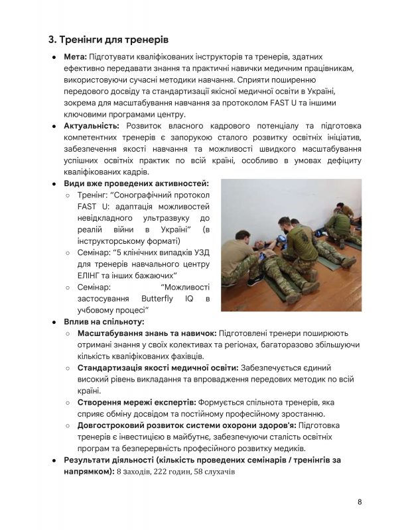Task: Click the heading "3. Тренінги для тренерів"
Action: tap(103, 40)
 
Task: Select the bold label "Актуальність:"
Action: tap(92, 126)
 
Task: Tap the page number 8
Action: tap(359, 502)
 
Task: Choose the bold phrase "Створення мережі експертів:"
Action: tap(137, 402)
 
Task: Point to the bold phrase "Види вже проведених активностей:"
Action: tap(136, 184)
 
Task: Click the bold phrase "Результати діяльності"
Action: tap(110, 459)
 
